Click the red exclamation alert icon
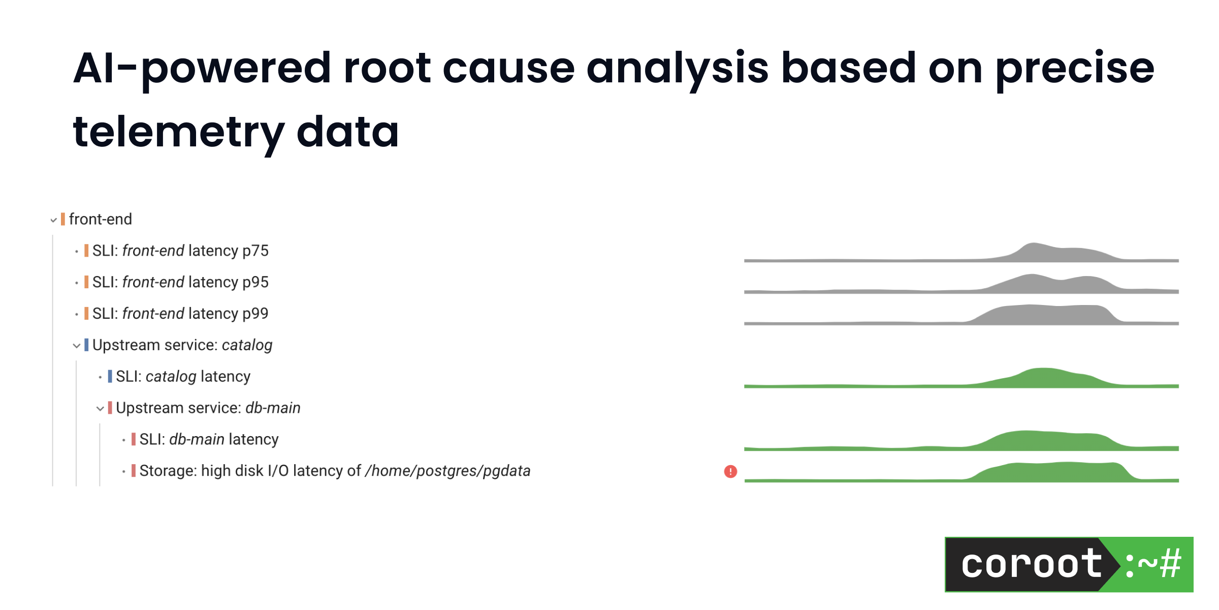730,472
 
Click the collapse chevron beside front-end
53,220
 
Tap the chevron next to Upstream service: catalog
77,346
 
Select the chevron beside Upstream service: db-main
100,409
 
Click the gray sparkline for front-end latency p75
961,254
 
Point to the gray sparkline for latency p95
961,286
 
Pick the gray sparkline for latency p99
961,317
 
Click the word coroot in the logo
1031,564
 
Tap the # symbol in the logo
1170,564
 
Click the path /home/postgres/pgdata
447,471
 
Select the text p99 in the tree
255,314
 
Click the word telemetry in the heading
178,132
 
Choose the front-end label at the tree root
100,220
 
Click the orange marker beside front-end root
63,219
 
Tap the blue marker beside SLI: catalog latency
110,377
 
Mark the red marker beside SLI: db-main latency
134,439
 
